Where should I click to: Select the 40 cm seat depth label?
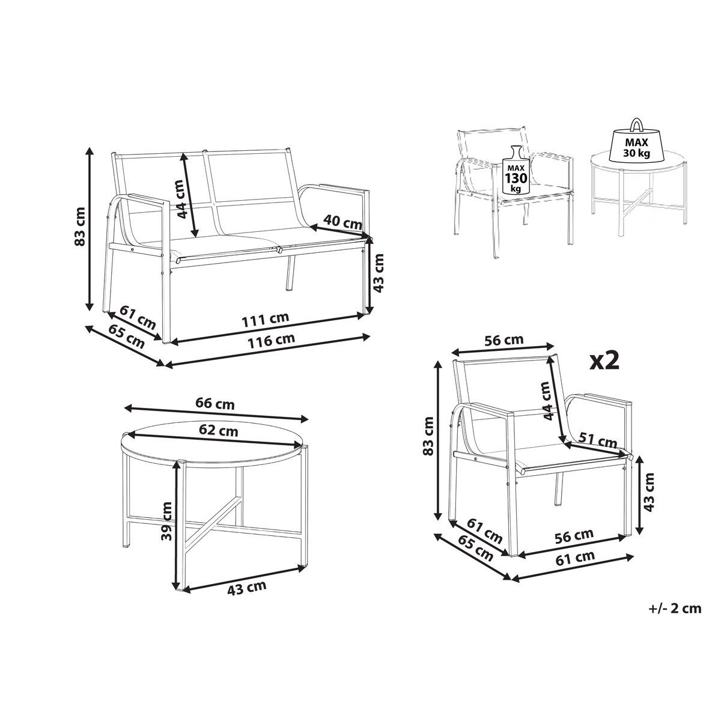coord(342,222)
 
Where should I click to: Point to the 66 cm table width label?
coord(214,404)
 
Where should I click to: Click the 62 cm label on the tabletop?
coord(218,431)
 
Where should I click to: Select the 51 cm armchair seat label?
coord(598,441)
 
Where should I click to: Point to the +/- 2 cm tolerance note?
coord(675,609)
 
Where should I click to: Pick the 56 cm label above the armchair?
coord(503,340)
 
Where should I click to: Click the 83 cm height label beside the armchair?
coord(429,436)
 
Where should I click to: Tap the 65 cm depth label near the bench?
coord(127,336)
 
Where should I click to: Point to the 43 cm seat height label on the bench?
coord(379,273)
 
